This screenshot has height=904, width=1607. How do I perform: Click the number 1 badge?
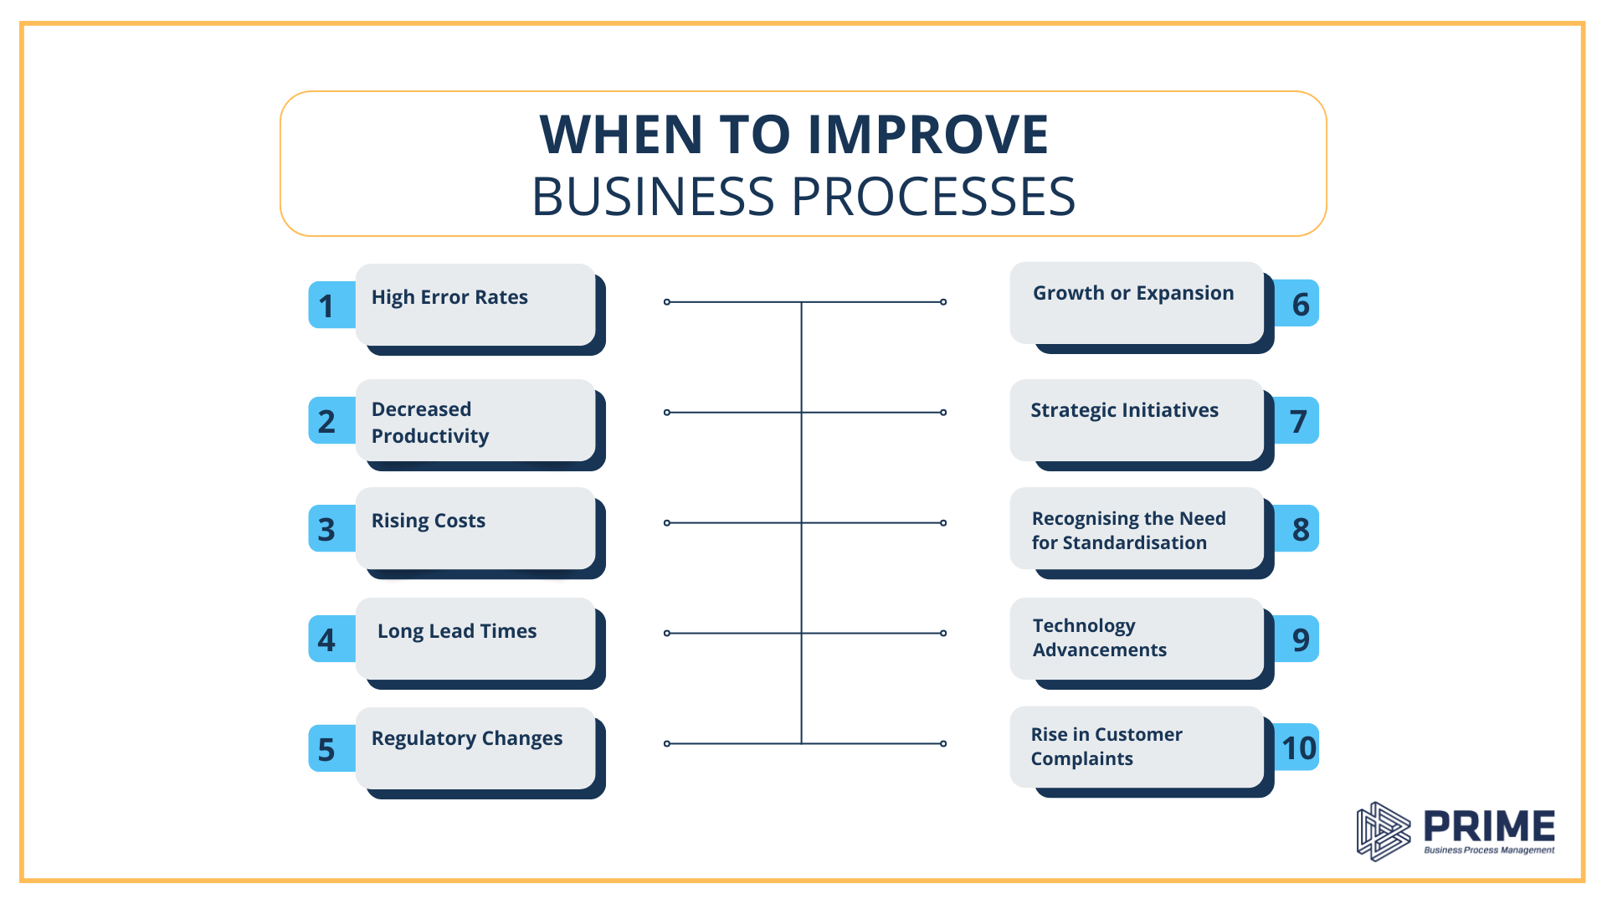pyautogui.click(x=327, y=306)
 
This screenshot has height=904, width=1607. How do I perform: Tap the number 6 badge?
pyautogui.click(x=1299, y=304)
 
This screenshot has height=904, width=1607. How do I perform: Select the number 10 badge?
pyautogui.click(x=1299, y=747)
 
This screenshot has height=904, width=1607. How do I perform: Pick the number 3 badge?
pyautogui.click(x=327, y=529)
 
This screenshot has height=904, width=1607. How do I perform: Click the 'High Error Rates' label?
pyautogui.click(x=449, y=297)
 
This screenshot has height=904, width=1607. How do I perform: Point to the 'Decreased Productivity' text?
pyautogui.click(x=430, y=423)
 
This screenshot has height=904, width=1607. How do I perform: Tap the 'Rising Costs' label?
pyautogui.click(x=429, y=521)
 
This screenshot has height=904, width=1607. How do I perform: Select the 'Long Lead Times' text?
pyautogui.click(x=457, y=631)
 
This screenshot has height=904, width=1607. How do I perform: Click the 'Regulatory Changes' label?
pyautogui.click(x=467, y=738)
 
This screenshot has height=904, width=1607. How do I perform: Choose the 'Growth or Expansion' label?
pyautogui.click(x=1133, y=293)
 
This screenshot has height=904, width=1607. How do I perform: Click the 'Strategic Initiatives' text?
pyautogui.click(x=1124, y=410)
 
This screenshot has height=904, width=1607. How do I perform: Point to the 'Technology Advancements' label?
pyautogui.click(x=1099, y=638)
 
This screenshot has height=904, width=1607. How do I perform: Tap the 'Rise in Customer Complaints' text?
pyautogui.click(x=1106, y=747)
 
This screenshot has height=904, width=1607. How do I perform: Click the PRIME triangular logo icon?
pyautogui.click(x=1383, y=831)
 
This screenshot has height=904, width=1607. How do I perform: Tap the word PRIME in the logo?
pyautogui.click(x=1489, y=826)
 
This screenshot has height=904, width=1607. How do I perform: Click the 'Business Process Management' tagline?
pyautogui.click(x=1489, y=850)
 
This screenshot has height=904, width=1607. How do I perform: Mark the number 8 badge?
pyautogui.click(x=1299, y=529)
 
